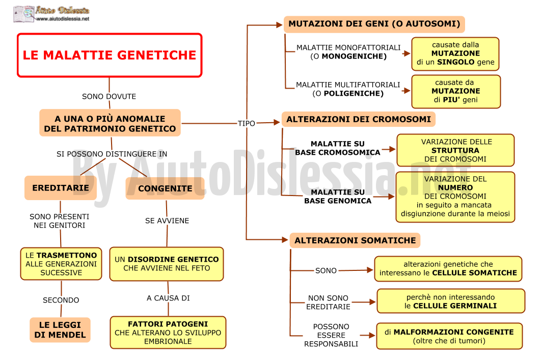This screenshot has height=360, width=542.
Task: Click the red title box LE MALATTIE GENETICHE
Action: [x=110, y=56]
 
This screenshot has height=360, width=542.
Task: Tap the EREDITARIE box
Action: [x=61, y=187]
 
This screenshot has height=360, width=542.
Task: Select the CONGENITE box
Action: [x=165, y=188]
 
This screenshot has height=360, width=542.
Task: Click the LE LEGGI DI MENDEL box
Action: [x=60, y=330]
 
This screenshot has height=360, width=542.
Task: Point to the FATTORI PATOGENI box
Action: [x=168, y=333]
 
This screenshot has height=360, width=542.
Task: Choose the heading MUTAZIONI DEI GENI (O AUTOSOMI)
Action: [x=374, y=24]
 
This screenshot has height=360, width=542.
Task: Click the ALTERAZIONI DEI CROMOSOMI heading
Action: [x=359, y=120]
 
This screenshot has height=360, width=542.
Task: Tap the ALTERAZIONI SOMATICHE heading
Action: [x=355, y=240]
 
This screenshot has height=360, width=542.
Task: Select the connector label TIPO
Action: [x=247, y=123]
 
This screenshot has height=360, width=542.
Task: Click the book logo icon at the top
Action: [x=23, y=14]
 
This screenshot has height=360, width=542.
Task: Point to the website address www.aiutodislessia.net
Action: [x=63, y=19]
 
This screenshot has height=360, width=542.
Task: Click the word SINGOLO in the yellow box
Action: [x=456, y=62]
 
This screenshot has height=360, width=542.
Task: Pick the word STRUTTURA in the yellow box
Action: [x=455, y=151]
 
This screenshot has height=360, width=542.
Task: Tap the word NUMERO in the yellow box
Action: [x=455, y=187]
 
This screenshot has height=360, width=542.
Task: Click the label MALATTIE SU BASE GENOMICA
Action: [x=338, y=197]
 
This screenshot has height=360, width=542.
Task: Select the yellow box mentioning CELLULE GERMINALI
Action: [x=451, y=301]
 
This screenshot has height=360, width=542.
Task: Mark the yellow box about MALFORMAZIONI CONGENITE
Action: [x=449, y=336]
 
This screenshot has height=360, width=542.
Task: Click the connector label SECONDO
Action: [x=61, y=300]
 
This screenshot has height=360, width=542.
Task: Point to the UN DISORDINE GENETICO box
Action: [x=167, y=264]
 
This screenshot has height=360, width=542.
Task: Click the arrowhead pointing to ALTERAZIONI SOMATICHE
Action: [x=285, y=240]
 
